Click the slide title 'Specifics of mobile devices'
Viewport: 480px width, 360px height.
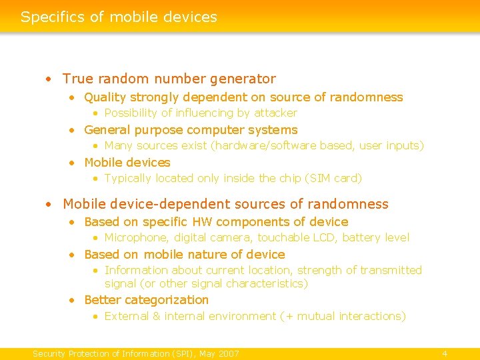(119, 17)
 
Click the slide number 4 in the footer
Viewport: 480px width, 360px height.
(445, 353)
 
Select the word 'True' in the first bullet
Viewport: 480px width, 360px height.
(77, 79)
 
